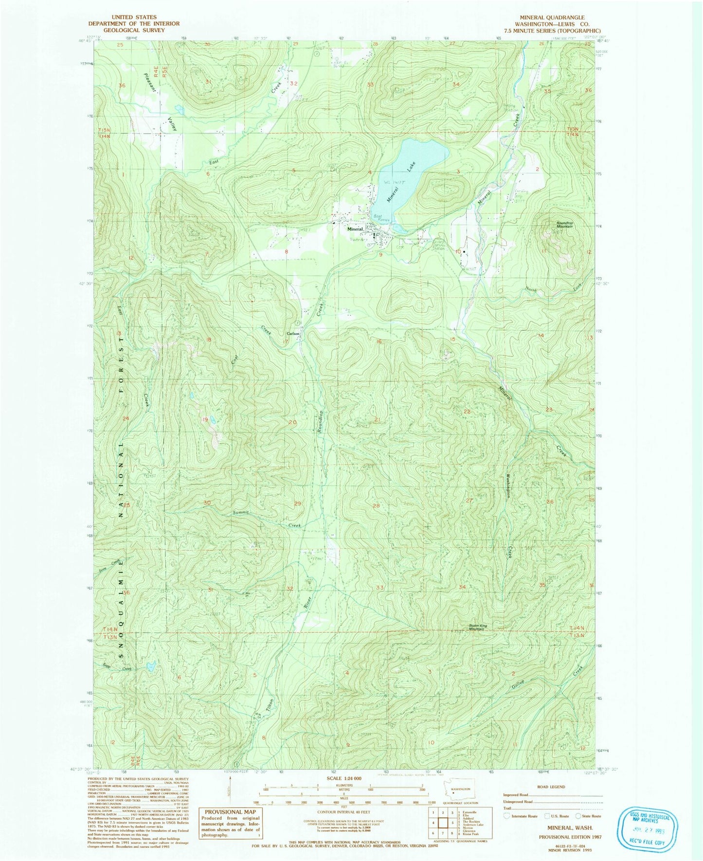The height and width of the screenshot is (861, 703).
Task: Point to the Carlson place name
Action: pos(293,334)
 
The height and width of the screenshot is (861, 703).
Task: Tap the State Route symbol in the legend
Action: pos(578,816)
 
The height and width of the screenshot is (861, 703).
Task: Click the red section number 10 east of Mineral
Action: pos(457,251)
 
